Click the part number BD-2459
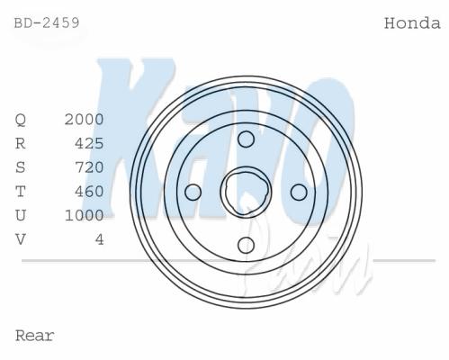point(47,22)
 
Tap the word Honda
point(412,23)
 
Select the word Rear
point(35,336)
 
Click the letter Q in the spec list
point(21,120)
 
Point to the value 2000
point(85,120)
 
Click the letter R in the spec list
point(21,144)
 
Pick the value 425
point(89,143)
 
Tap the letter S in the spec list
point(21,167)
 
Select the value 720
point(89,167)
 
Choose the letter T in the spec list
point(21,192)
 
